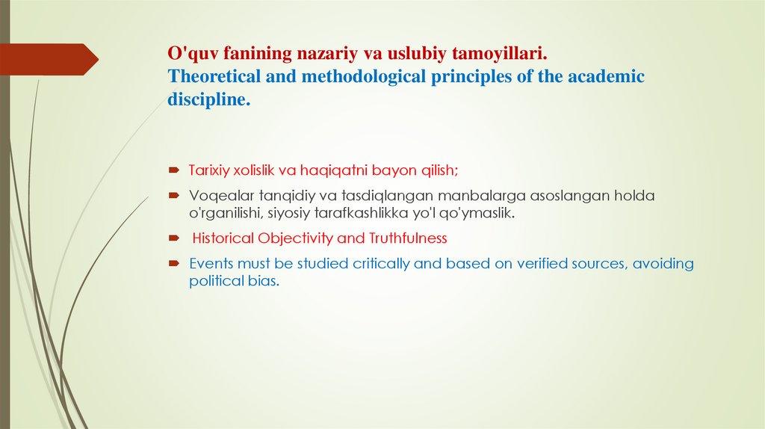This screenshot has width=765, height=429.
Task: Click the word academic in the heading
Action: [x=603, y=77]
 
